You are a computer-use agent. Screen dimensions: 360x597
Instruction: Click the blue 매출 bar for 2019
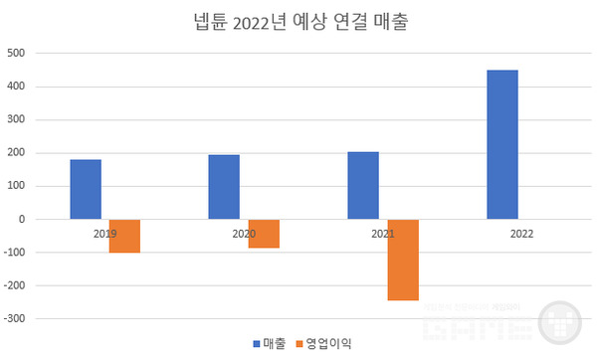click(86, 189)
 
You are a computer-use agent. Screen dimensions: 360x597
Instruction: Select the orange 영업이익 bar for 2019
click(124, 236)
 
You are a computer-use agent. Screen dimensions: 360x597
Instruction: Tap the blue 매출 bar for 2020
click(224, 187)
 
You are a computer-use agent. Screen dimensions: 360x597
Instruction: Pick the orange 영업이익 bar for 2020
click(264, 233)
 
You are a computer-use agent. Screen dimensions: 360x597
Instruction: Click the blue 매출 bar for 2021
click(363, 185)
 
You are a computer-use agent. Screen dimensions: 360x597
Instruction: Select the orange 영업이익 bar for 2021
click(403, 260)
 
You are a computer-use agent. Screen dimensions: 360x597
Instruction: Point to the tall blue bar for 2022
click(502, 144)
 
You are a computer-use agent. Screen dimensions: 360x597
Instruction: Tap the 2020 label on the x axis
click(243, 234)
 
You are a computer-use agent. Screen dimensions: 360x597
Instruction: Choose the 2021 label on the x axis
click(382, 234)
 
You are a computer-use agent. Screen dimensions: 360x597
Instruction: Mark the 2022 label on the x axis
click(521, 234)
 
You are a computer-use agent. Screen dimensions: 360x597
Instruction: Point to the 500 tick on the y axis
click(17, 53)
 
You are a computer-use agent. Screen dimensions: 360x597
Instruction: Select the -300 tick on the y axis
click(15, 319)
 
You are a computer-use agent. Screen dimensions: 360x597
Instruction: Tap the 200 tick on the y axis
click(17, 152)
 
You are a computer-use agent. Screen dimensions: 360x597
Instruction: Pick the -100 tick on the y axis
click(15, 253)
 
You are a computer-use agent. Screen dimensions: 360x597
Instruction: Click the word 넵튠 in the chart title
click(210, 22)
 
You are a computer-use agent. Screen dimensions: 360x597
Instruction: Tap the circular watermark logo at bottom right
click(562, 323)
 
